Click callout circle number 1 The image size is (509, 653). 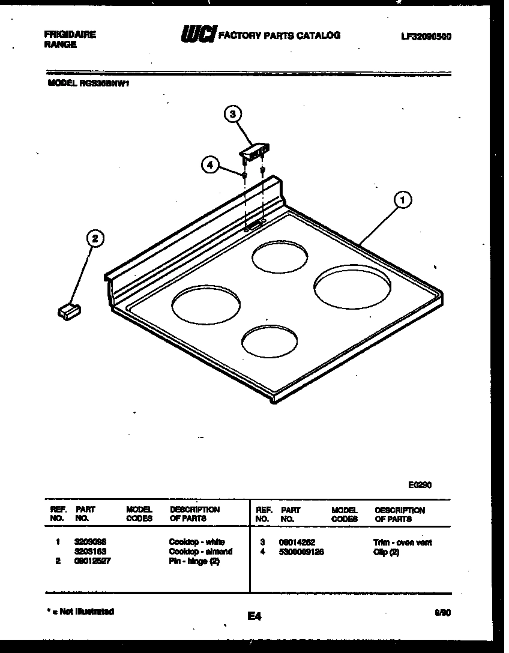pyautogui.click(x=403, y=199)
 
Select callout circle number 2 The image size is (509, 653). pyautogui.click(x=94, y=238)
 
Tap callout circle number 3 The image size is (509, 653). pyautogui.click(x=233, y=113)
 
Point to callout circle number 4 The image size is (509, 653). pyautogui.click(x=208, y=164)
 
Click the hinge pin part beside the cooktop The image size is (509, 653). pyautogui.click(x=68, y=311)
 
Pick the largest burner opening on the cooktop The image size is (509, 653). pyautogui.click(x=352, y=289)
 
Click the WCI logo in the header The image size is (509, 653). pyautogui.click(x=197, y=35)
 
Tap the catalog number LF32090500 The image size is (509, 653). pyautogui.click(x=426, y=37)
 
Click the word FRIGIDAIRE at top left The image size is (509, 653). pyautogui.click(x=70, y=35)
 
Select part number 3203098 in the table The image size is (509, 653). pyautogui.click(x=91, y=542)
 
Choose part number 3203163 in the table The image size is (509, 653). pyautogui.click(x=91, y=551)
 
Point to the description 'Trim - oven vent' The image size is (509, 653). pyautogui.click(x=402, y=543)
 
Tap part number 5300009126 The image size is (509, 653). pyautogui.click(x=301, y=552)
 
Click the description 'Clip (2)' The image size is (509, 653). pyautogui.click(x=386, y=552)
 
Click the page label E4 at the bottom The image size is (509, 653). pyautogui.click(x=254, y=615)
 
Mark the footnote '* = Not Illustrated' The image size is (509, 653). pyautogui.click(x=80, y=612)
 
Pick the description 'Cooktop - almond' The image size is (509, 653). pyautogui.click(x=200, y=551)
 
